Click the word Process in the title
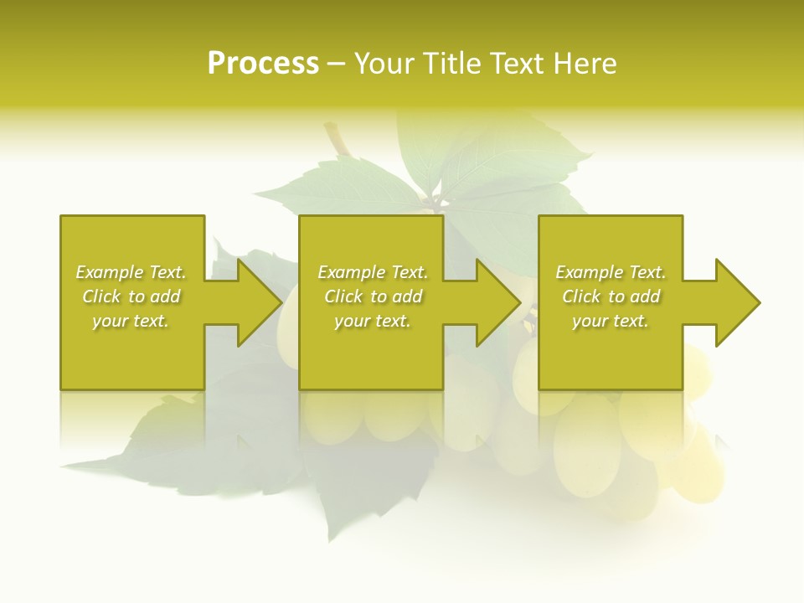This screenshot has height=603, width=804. tap(263, 64)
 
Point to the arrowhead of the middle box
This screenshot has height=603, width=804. tap(497, 302)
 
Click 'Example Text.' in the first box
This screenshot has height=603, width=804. tap(131, 272)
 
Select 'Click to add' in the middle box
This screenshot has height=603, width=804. tap(373, 296)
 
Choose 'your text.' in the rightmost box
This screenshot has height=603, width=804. tap(611, 321)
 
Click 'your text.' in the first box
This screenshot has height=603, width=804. tap(131, 321)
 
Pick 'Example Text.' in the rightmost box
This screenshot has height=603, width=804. tap(611, 272)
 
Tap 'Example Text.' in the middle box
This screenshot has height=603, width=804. tap(373, 272)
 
